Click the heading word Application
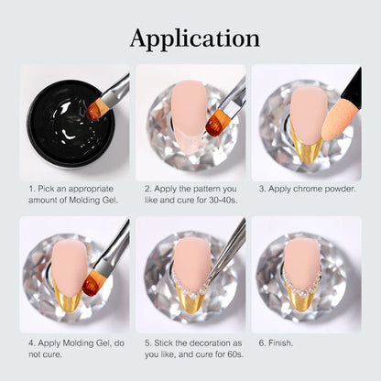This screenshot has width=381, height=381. tap(195, 38)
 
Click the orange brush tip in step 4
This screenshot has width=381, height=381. tap(92, 285)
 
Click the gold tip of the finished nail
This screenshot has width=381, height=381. tap(300, 298)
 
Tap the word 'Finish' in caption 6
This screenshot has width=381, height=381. tap(280, 343)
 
